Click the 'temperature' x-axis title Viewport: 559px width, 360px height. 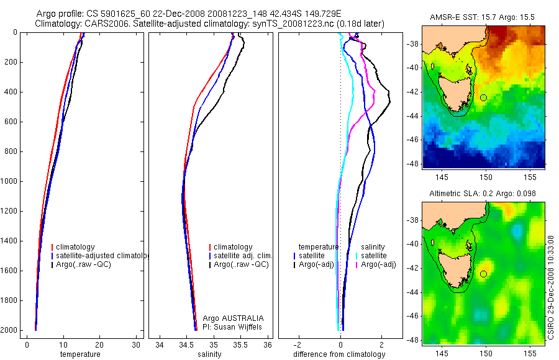coord(80,354)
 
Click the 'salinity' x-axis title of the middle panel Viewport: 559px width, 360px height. coord(209,354)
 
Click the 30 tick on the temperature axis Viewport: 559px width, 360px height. coord(137,344)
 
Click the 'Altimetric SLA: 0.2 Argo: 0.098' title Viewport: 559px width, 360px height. coord(483,194)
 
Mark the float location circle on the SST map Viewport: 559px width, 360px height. coord(484,97)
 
